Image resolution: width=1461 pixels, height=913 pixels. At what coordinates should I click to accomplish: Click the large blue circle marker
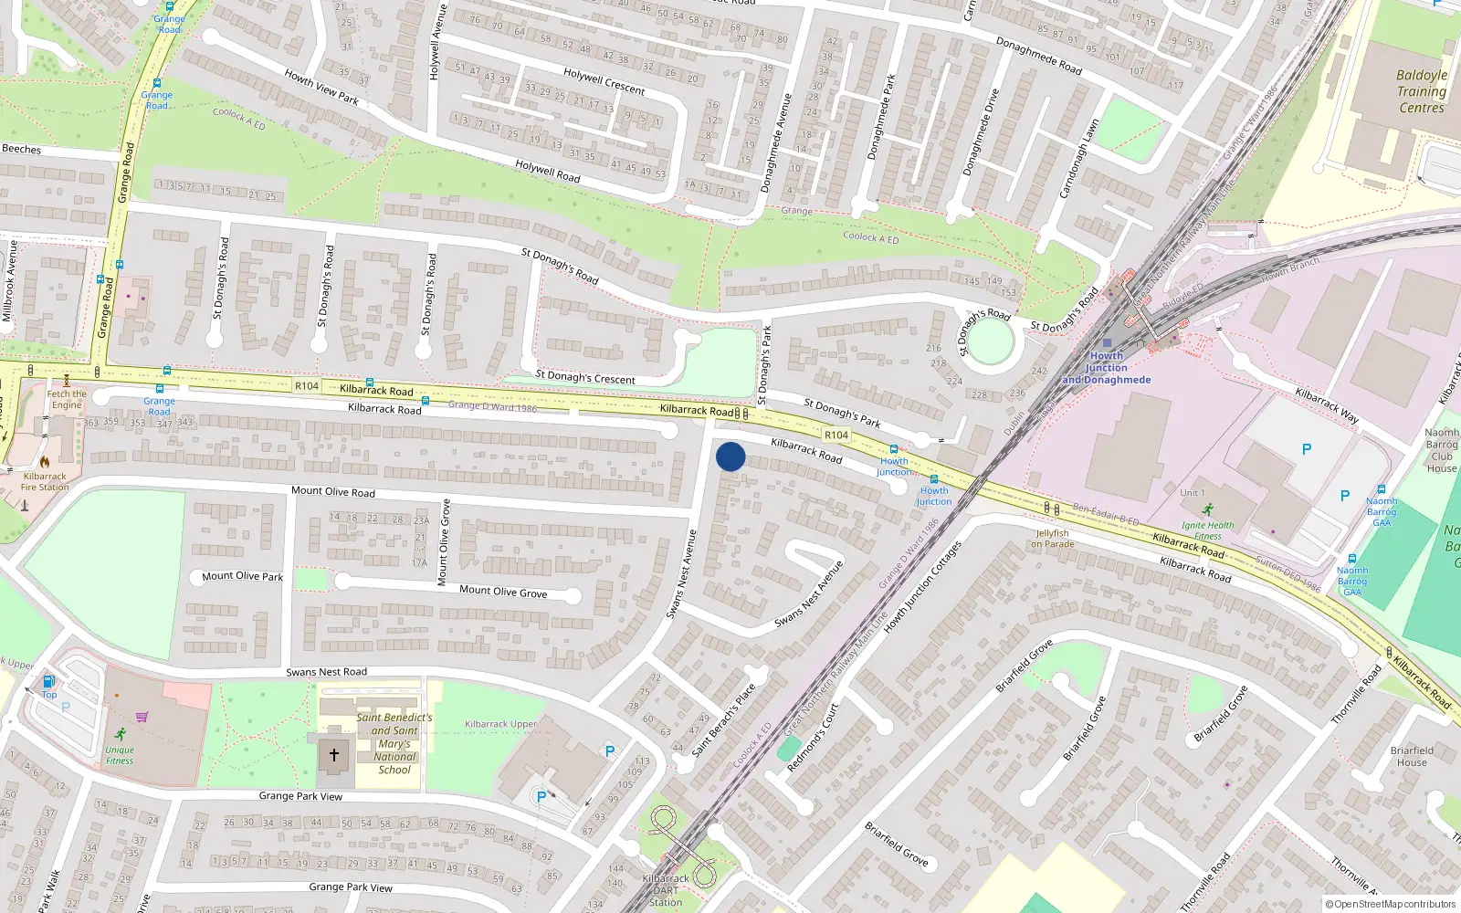[730, 456]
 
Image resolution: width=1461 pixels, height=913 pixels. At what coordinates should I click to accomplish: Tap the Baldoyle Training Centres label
[1422, 91]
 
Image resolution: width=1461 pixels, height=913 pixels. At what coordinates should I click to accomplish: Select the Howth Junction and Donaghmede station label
[1107, 368]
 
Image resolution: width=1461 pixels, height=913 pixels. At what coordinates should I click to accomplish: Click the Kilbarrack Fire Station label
[45, 481]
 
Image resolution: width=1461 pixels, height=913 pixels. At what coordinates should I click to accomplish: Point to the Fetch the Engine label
[67, 400]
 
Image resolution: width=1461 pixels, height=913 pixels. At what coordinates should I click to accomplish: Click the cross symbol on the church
[334, 755]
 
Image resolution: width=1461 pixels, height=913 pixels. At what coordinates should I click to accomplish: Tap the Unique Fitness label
[120, 755]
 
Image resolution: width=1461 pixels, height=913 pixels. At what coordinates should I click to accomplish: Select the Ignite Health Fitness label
[1207, 530]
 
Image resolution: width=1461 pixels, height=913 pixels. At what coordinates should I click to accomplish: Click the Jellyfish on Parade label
[1053, 539]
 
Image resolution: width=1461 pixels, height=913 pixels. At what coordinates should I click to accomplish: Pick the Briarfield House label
[1412, 757]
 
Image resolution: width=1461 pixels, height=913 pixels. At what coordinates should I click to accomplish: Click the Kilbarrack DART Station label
[666, 890]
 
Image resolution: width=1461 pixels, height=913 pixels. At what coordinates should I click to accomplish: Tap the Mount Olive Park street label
[242, 576]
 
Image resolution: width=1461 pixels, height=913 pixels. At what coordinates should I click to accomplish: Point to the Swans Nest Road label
[326, 672]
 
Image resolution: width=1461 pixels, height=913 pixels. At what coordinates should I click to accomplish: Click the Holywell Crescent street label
[604, 81]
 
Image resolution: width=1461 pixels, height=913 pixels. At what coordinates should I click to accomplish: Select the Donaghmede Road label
[1038, 56]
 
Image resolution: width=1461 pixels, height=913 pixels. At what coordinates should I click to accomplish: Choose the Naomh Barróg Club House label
[1442, 451]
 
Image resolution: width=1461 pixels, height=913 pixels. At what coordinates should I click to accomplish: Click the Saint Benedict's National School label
[394, 743]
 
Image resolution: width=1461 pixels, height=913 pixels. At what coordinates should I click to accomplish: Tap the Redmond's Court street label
[813, 738]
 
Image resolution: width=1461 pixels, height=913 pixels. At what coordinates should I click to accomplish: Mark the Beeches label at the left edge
[22, 149]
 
